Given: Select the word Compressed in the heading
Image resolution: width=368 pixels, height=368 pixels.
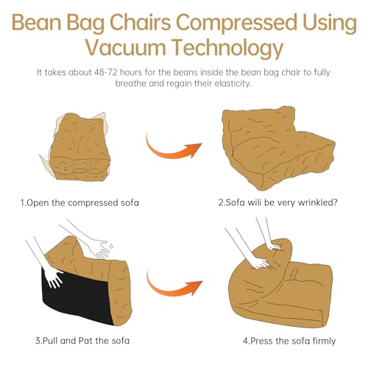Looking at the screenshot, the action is click(236, 22).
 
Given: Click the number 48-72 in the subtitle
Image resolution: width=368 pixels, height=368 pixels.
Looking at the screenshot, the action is click(105, 72).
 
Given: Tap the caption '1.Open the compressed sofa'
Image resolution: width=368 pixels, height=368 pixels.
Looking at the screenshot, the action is click(79, 203).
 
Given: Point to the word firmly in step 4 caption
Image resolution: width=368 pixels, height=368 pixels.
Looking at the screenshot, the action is click(324, 342).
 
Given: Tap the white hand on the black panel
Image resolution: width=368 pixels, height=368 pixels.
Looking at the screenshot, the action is click(54, 277).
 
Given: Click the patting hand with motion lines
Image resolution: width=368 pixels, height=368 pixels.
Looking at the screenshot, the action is click(99, 249).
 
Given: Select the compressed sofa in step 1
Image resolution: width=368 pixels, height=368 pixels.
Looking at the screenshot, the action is click(77, 146).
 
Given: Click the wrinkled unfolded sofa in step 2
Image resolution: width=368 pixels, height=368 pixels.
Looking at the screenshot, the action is click(277, 147).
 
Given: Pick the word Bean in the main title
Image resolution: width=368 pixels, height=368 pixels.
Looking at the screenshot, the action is click(37, 22).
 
